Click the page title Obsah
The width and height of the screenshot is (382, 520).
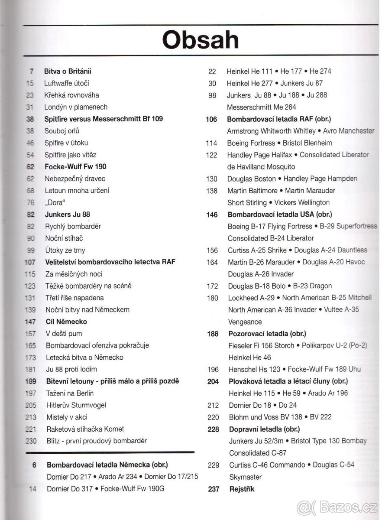click(200, 40)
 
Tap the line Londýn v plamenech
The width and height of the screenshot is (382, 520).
click(76, 107)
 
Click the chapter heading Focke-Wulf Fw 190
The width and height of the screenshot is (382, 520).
click(75, 166)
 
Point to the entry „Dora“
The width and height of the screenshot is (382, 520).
click(55, 202)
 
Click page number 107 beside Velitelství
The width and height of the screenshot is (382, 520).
click(30, 262)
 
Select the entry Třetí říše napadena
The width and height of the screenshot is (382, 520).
click(75, 298)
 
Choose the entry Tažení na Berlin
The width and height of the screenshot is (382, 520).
click(70, 393)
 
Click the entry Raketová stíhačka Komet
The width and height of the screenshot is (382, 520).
click(85, 429)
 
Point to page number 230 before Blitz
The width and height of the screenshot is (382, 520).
click(30, 441)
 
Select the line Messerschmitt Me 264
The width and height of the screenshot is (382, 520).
click(262, 107)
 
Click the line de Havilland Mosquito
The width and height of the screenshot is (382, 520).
click(261, 166)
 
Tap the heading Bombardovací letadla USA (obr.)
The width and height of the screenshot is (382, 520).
click(280, 214)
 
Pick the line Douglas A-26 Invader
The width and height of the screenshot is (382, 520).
click(261, 274)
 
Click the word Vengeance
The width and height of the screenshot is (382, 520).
click(245, 322)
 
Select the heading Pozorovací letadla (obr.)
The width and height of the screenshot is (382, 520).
click(267, 334)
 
